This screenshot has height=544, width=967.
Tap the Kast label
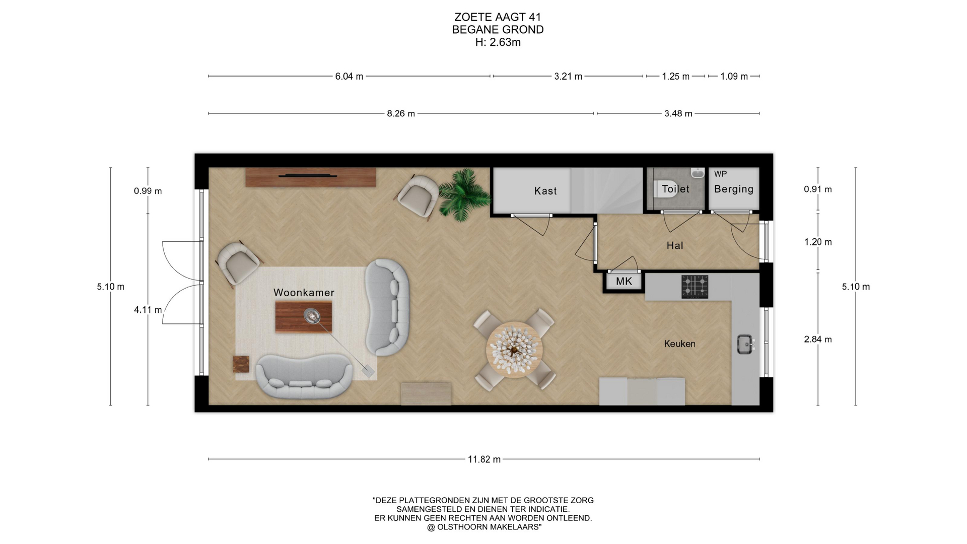pyautogui.click(x=545, y=191)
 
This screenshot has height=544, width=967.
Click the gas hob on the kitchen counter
pyautogui.click(x=695, y=287)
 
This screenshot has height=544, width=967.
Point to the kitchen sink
pyautogui.click(x=745, y=344)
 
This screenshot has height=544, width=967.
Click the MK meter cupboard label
pyautogui.click(x=624, y=281)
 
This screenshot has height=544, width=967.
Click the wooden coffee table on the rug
pyautogui.click(x=303, y=317)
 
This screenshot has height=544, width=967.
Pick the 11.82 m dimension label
pyautogui.click(x=484, y=459)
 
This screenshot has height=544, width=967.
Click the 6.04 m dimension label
pyautogui.click(x=349, y=77)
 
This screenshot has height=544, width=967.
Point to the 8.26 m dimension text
pyautogui.click(x=401, y=114)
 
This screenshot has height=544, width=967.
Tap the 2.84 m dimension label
pyautogui.click(x=818, y=339)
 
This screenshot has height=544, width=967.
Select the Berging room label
pyautogui.click(x=734, y=189)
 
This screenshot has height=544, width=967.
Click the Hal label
pyautogui.click(x=675, y=245)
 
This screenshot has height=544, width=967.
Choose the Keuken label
pyautogui.click(x=679, y=344)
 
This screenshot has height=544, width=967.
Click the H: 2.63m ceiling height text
pyautogui.click(x=498, y=42)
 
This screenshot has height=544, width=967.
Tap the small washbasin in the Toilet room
pyautogui.click(x=698, y=172)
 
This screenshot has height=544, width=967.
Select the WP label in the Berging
pyautogui.click(x=720, y=174)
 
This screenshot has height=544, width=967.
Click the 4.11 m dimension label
pyautogui.click(x=148, y=310)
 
